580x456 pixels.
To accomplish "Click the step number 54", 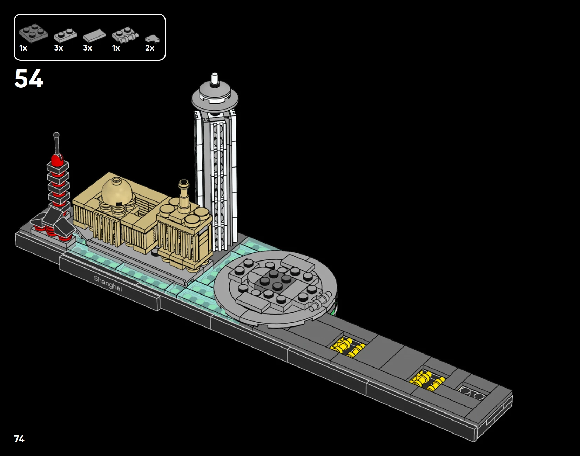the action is pos(29,78).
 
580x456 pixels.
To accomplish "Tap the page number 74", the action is pos(19,439).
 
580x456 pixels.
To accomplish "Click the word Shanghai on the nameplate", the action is pos(108,284).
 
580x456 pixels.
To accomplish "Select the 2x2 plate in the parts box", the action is pos(33,33).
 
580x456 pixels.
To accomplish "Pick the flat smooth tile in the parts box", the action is pos(94,35).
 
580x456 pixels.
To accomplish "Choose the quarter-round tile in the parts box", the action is pos(152,39).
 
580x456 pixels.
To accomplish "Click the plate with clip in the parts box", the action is pos(125,35).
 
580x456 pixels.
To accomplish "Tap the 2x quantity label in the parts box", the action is pos(149,48).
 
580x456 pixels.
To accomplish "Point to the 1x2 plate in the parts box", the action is pos(65,35).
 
